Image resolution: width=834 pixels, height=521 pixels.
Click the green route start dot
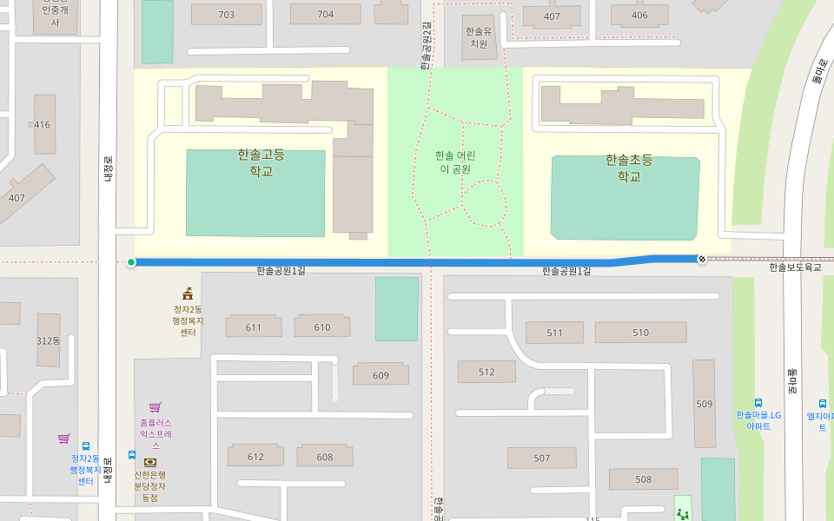tap(131, 262)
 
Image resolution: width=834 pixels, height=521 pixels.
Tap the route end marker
tap(702, 259)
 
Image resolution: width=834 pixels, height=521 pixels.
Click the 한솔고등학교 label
tap(261, 162)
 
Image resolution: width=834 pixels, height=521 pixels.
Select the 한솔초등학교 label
tap(629, 168)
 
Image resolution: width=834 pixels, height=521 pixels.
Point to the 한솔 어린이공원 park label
tap(455, 162)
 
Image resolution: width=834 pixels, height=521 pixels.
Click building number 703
tap(227, 15)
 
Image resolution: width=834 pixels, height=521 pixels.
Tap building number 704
tap(326, 15)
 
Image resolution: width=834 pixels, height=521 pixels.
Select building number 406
tap(639, 16)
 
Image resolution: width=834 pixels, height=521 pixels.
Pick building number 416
tap(42, 124)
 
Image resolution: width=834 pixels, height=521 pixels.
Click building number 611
tap(254, 327)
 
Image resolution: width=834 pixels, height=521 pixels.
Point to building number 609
tap(381, 375)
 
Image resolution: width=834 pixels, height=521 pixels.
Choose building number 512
tap(486, 373)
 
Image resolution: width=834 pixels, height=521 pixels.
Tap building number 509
tap(704, 404)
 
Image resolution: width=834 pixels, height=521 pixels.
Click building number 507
tap(542, 458)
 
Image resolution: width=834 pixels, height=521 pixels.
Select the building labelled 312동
tap(49, 340)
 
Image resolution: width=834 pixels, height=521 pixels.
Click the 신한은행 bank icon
tap(150, 462)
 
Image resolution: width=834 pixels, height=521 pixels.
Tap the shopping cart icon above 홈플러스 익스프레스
tap(155, 406)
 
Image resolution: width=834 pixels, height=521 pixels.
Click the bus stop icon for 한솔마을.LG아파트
tap(758, 403)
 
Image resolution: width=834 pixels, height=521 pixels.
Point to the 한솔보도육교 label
tap(795, 267)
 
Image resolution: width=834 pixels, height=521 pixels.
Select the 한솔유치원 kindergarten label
tap(479, 37)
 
